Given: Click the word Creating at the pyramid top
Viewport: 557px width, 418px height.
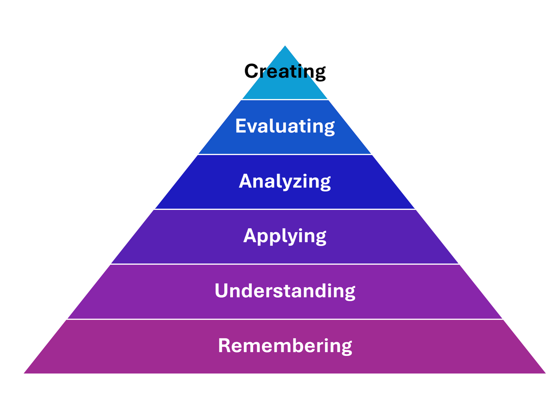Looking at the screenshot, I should pos(285,72).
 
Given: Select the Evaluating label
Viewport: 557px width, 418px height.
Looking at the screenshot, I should pos(285,126).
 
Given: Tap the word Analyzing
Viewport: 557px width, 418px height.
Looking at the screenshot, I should pos(285,181).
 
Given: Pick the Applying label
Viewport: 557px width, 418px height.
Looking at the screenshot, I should pos(285,236).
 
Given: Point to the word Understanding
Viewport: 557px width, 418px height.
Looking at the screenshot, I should pos(285,291).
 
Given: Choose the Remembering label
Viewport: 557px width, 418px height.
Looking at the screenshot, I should pos(285,346).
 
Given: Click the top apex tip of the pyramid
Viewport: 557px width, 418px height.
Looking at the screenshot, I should pos(285,47).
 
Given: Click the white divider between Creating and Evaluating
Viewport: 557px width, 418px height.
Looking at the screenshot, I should pos(285,100).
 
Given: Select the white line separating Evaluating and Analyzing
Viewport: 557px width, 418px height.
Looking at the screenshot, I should pos(285,154).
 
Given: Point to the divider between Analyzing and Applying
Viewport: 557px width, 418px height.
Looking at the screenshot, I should pos(285,209).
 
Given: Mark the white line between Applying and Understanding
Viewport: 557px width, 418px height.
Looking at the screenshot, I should pos(285,264).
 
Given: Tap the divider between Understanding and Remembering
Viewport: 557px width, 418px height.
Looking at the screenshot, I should pos(285,319).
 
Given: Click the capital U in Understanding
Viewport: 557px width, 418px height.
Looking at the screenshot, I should pos(222,290).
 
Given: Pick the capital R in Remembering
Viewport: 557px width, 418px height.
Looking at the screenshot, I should pos(225,346).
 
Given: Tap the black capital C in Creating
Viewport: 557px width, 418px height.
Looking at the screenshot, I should pos(251,71).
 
